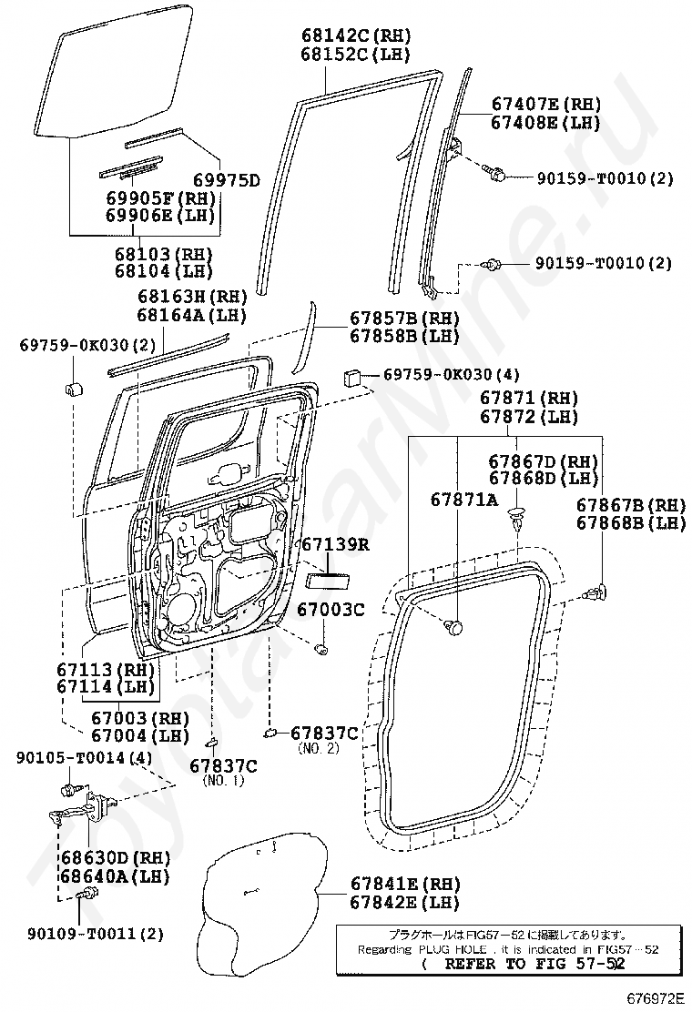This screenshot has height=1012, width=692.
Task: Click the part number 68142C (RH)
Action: click(356, 35)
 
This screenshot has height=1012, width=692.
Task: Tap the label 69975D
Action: click(227, 180)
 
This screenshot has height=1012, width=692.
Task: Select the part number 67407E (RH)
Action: click(546, 104)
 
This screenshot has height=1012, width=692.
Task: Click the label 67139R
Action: click(336, 545)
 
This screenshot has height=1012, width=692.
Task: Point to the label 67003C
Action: click(331, 609)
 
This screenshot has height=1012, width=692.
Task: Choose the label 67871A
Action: click(464, 499)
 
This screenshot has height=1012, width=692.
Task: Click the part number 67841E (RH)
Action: click(405, 884)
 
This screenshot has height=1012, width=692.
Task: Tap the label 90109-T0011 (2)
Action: click(96, 933)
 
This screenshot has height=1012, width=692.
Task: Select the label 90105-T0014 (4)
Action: click(84, 757)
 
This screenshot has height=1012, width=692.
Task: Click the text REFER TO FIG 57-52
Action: click(534, 965)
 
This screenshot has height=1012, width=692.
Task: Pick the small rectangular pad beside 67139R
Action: click(327, 579)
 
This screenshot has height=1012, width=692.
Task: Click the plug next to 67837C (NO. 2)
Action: click(270, 732)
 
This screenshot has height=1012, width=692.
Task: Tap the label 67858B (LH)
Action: click(405, 336)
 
